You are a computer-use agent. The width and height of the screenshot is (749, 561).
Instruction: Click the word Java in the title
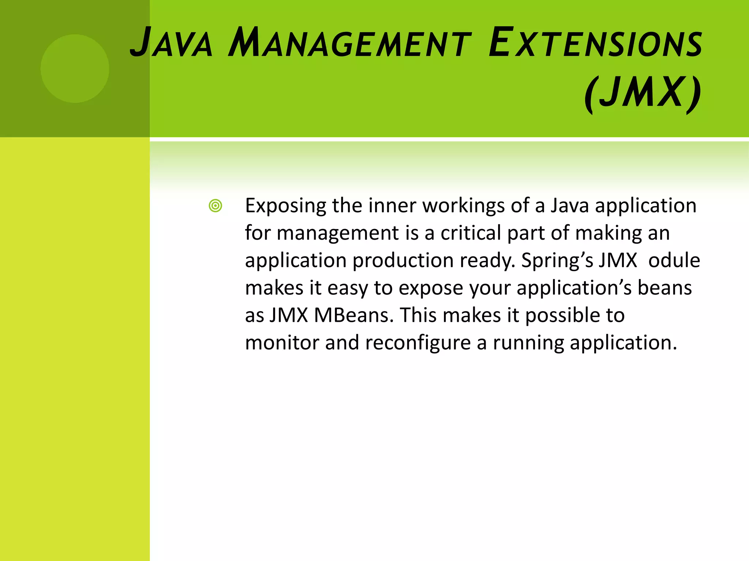click(x=171, y=43)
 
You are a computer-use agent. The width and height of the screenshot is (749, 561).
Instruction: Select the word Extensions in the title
click(x=595, y=43)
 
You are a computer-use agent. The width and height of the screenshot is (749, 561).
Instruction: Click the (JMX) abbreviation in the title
click(x=643, y=93)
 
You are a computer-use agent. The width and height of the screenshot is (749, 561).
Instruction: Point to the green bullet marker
click(x=215, y=206)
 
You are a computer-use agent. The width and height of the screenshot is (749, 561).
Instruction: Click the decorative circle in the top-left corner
click(x=75, y=68)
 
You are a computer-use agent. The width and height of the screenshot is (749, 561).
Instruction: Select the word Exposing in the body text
click(x=285, y=206)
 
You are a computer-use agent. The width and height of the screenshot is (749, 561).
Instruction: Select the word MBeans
click(x=354, y=315)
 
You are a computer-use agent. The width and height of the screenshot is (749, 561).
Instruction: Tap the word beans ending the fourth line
click(x=665, y=288)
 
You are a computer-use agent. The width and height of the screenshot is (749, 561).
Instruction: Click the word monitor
click(x=282, y=343)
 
